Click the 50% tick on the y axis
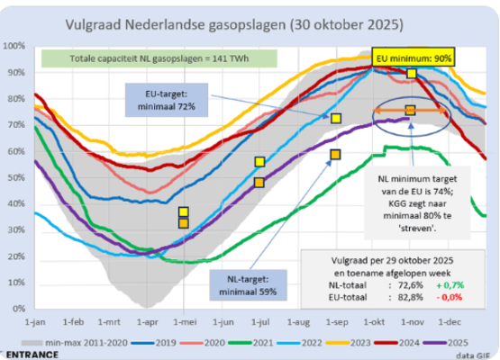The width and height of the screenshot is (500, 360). coord(14,177)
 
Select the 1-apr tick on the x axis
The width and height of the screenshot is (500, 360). coord(145,321)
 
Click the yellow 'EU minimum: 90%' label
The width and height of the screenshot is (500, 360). coord(415,57)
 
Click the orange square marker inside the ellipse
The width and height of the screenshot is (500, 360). coord(410,111)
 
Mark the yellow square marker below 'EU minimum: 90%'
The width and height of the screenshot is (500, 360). coord(412,74)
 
